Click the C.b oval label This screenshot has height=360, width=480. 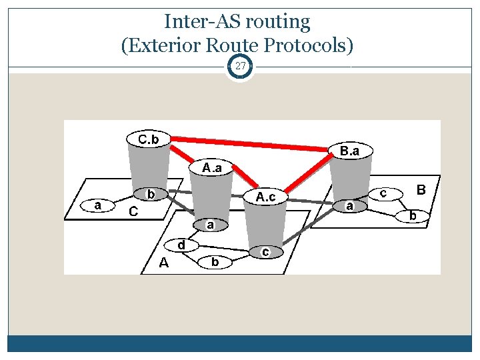pyautogui.click(x=148, y=139)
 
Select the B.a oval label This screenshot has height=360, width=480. pyautogui.click(x=349, y=151)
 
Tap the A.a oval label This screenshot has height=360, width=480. pyautogui.click(x=213, y=167)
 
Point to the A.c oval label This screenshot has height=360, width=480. pyautogui.click(x=265, y=197)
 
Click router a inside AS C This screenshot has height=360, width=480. pyautogui.click(x=97, y=205)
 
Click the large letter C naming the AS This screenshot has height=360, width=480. pyautogui.click(x=133, y=212)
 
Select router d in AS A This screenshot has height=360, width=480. pyautogui.click(x=181, y=245)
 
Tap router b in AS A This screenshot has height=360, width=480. pyautogui.click(x=215, y=262)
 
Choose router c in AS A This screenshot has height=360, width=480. pyautogui.click(x=265, y=251)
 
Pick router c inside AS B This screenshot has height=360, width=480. pyautogui.click(x=383, y=192)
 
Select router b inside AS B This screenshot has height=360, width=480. pyautogui.click(x=413, y=215)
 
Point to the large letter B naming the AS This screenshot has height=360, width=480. pyautogui.click(x=421, y=190)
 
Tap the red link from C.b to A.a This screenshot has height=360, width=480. pyautogui.click(x=183, y=154)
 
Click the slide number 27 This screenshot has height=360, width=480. pyautogui.click(x=240, y=67)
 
